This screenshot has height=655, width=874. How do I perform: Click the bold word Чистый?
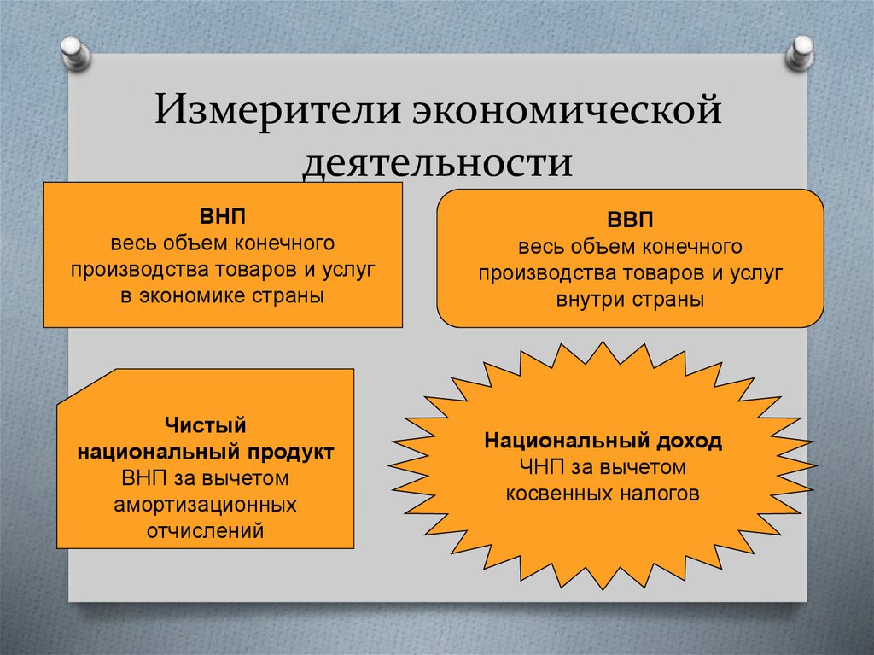point(206,424)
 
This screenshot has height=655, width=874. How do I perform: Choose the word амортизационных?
point(206,504)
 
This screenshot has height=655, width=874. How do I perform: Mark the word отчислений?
point(206,530)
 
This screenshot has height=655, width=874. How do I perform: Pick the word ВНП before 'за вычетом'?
point(140,477)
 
